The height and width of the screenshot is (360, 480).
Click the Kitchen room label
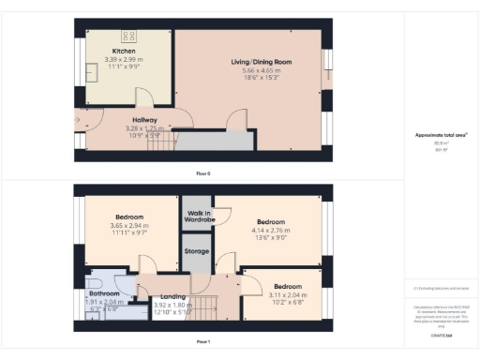tap(124, 51)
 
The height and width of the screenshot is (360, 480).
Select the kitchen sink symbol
tap(92, 71)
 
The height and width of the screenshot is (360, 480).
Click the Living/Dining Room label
tap(248, 62)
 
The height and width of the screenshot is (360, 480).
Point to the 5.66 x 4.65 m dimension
tap(248, 70)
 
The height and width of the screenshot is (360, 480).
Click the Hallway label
tap(143, 119)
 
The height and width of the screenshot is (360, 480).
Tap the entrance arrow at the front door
tap(77, 120)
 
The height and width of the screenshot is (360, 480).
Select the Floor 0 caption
tap(202, 174)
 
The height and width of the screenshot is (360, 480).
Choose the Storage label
tap(196, 251)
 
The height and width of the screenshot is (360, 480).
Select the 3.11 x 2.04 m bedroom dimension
tap(288, 293)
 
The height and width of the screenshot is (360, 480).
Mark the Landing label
tap(173, 296)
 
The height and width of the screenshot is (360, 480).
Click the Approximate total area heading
tap(441, 135)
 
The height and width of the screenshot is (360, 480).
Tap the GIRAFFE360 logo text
tap(441, 333)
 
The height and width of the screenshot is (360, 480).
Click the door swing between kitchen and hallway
tap(145, 98)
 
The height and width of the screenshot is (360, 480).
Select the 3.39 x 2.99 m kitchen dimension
tap(124, 58)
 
